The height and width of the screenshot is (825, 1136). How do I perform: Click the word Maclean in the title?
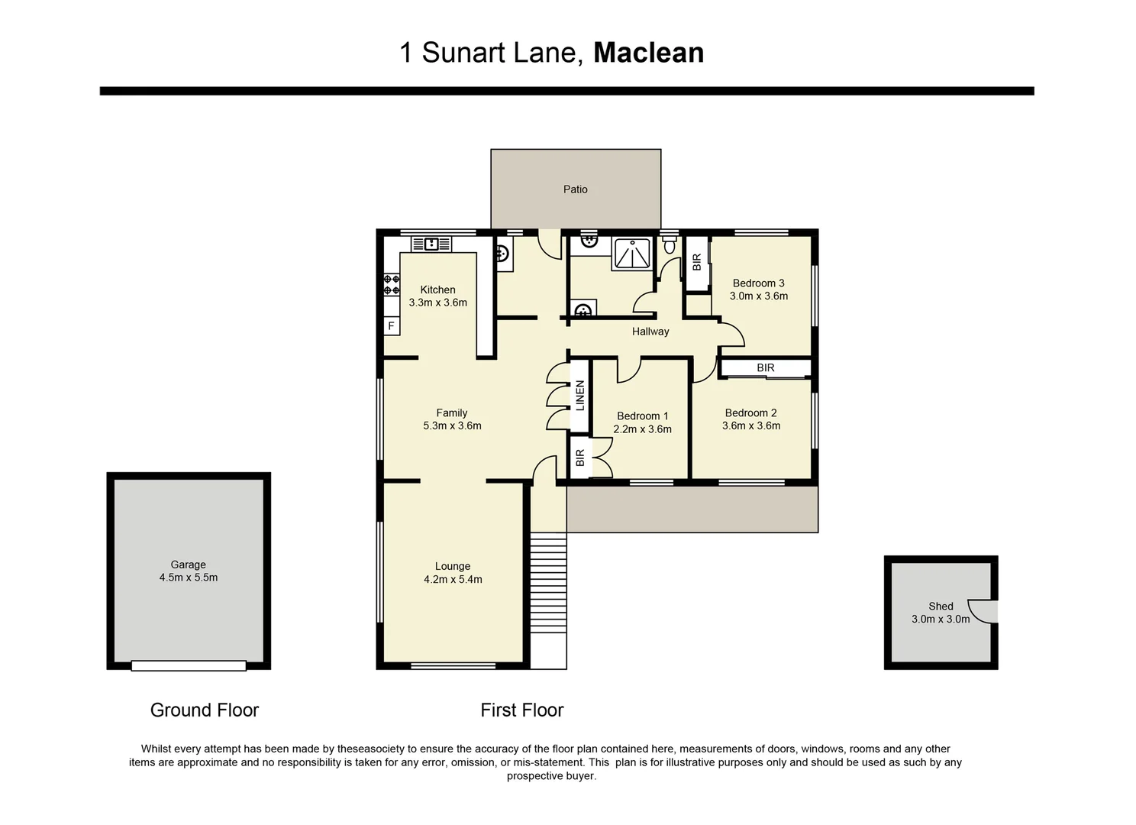[648, 53]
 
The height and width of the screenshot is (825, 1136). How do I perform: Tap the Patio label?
[575, 189]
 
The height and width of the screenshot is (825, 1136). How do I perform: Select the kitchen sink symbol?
[431, 244]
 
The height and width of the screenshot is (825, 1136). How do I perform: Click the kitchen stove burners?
[391, 285]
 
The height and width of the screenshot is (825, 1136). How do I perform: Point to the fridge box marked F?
[391, 326]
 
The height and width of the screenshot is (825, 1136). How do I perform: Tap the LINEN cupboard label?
[579, 396]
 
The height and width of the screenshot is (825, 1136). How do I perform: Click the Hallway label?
[650, 332]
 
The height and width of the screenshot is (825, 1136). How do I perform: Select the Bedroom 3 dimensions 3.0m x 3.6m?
[758, 296]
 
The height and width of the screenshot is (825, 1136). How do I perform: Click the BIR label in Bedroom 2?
[765, 368]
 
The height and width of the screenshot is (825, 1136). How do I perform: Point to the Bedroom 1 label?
[642, 416]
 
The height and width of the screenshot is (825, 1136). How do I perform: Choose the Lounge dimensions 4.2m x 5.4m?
[453, 580]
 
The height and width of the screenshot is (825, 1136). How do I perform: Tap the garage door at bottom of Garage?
[189, 666]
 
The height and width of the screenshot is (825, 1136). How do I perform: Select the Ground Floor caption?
[205, 710]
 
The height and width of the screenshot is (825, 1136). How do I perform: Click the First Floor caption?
[521, 710]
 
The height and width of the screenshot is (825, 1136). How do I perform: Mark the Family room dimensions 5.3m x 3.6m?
[452, 426]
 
